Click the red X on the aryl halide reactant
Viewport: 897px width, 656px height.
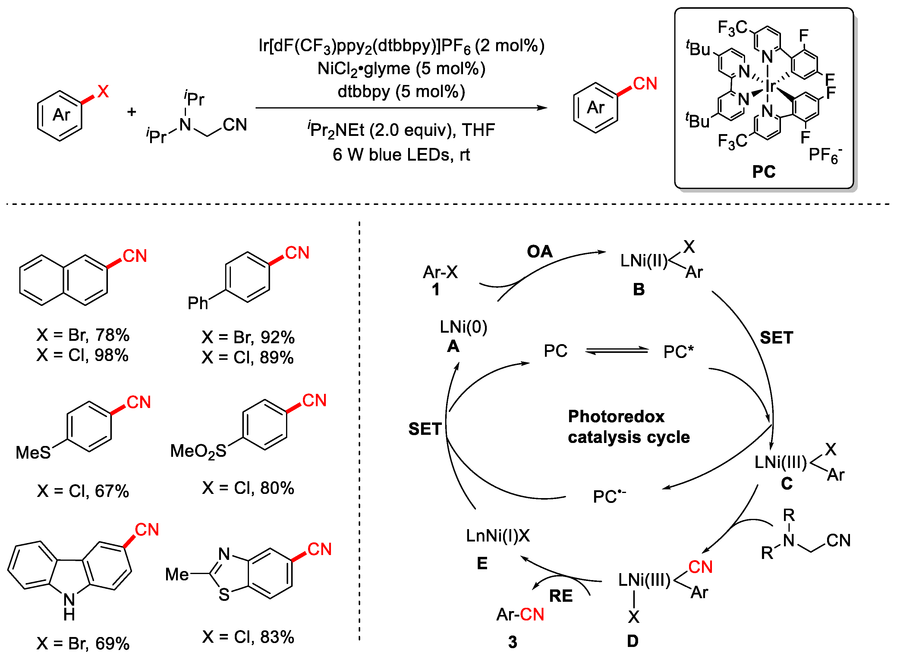tap(103, 92)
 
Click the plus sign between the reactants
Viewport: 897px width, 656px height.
tap(131, 112)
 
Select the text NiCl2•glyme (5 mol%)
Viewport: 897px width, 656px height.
tap(401, 69)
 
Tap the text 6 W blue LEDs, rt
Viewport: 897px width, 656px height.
tap(401, 155)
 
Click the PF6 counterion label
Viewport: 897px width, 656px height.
tap(825, 155)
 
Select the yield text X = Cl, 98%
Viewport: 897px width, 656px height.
tap(83, 355)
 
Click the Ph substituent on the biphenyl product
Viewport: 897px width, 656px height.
tap(197, 303)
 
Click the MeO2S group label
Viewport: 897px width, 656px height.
tap(198, 451)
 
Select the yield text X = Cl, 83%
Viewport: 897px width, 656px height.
tap(248, 637)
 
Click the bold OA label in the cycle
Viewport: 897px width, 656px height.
tap(540, 251)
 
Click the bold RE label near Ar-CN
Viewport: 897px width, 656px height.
tap(561, 596)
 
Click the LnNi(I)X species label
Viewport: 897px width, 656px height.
tap(498, 536)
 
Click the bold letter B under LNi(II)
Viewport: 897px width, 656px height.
tap(638, 290)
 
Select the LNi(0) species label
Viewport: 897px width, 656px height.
tap(463, 327)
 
